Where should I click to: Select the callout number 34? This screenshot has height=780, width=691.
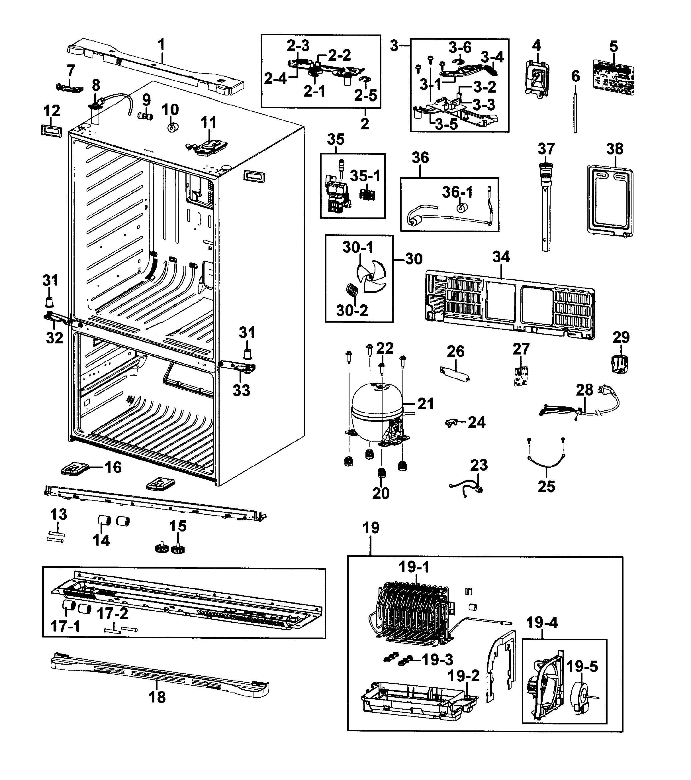click(x=501, y=257)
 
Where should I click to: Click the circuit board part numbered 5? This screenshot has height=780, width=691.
click(x=614, y=77)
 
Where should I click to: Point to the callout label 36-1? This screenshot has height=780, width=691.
click(x=457, y=192)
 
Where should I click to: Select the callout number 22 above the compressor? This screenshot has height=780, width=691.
click(x=385, y=348)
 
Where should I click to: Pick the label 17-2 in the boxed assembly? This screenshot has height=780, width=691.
click(x=113, y=614)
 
